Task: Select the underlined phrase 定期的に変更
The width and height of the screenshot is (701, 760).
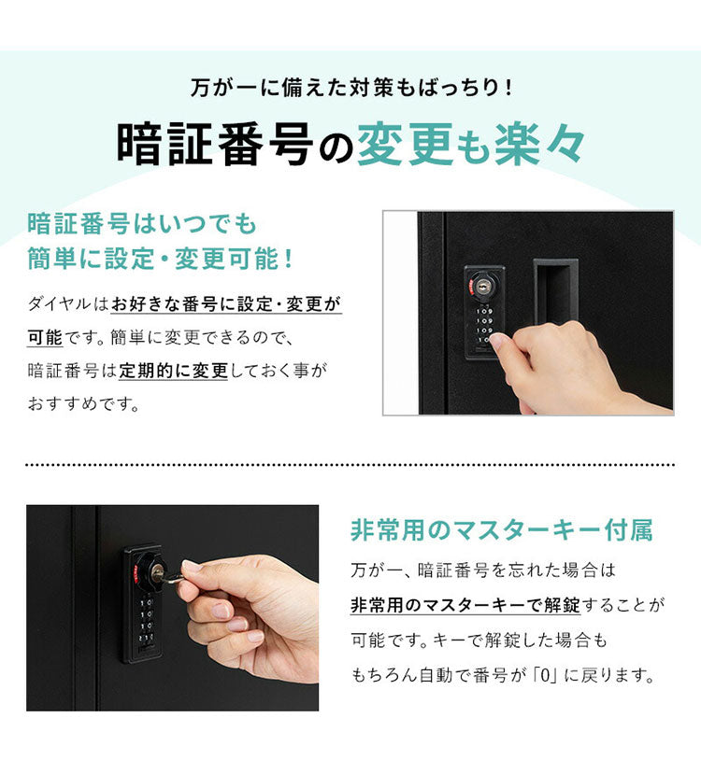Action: tap(173, 371)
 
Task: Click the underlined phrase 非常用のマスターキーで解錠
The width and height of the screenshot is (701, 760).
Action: tap(465, 606)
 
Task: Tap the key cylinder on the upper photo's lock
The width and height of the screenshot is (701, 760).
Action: tap(483, 286)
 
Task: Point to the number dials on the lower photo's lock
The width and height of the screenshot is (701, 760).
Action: tap(146, 622)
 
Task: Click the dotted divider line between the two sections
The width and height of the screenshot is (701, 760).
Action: tap(350, 464)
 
